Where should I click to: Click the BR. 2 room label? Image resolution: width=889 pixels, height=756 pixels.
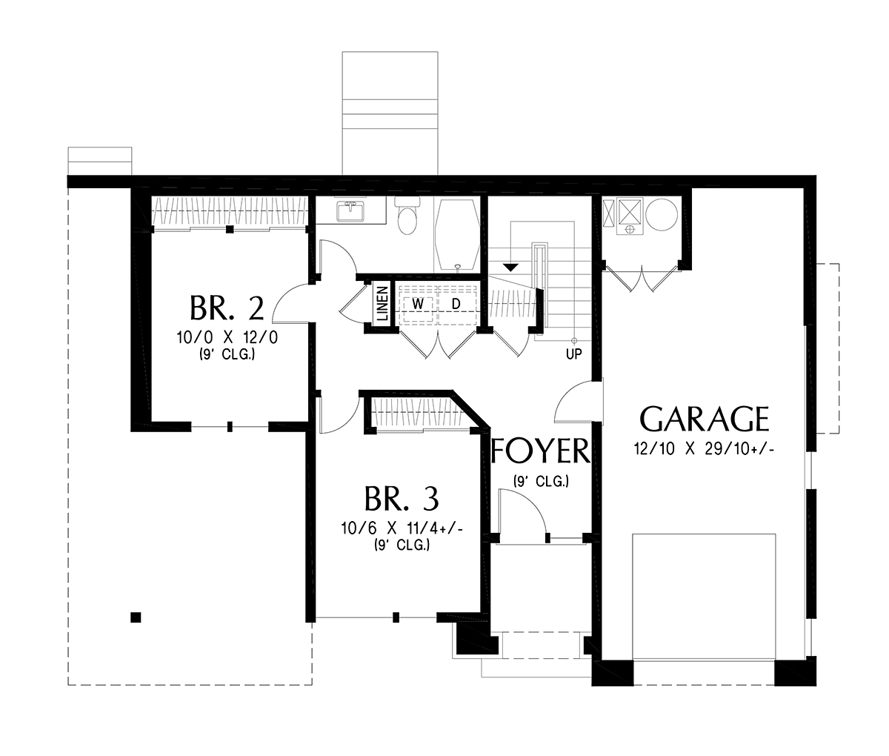[227, 308]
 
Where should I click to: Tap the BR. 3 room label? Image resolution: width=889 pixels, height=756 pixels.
[402, 498]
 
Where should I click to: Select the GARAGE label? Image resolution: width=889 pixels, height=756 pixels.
[705, 419]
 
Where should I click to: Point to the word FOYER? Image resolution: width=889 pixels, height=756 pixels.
[540, 451]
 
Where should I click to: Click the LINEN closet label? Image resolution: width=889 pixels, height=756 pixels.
[382, 305]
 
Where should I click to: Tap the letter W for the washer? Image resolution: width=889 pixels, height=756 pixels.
[418, 304]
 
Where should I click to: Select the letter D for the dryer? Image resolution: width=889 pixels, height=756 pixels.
[456, 304]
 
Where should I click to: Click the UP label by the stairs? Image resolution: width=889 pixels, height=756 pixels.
[573, 354]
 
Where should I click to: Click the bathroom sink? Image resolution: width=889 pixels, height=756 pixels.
[351, 210]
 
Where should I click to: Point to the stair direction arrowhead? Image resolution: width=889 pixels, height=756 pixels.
[510, 268]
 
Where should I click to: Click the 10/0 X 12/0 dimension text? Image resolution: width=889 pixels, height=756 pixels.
[227, 337]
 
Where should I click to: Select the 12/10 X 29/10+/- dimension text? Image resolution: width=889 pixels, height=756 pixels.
[704, 450]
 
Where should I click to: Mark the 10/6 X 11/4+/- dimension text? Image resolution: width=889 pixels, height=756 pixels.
[402, 528]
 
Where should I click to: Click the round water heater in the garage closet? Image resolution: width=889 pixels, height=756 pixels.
[662, 215]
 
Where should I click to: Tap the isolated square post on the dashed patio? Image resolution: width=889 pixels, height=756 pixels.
[136, 617]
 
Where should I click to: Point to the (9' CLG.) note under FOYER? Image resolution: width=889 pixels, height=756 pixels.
[541, 482]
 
